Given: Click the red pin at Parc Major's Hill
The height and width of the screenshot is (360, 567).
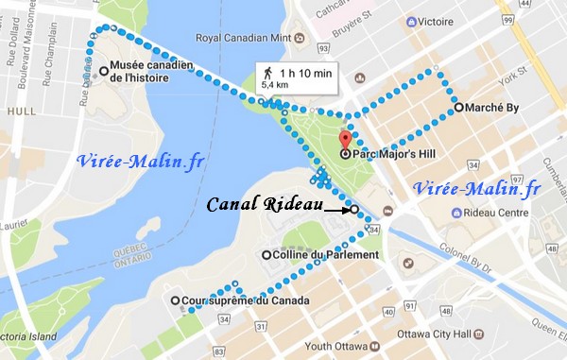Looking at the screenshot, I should pyautogui.click(x=345, y=141).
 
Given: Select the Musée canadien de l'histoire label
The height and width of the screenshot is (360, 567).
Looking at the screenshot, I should pyautogui.click(x=151, y=72).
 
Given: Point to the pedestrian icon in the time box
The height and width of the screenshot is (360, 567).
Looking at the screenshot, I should pyautogui.click(x=268, y=71).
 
